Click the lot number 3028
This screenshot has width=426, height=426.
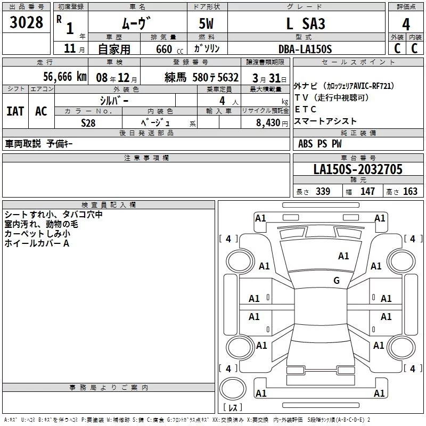26,22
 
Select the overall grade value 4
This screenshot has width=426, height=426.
406,24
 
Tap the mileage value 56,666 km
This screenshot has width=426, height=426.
65,77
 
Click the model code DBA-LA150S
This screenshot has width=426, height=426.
305,49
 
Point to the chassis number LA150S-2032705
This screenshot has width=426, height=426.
358,169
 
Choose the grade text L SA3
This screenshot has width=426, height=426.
306,23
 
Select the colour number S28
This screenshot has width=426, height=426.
88,123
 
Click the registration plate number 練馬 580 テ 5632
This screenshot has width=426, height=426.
202,78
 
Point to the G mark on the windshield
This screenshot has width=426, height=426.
337,281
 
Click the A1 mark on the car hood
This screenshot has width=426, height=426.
343,256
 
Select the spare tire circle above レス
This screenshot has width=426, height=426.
233,388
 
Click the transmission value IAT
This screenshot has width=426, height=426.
15,111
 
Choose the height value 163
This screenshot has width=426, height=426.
410,192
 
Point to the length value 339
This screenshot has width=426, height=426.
323,192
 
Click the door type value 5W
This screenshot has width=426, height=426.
206,23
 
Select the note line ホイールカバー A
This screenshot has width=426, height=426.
37,243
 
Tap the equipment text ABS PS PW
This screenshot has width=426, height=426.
320,144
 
